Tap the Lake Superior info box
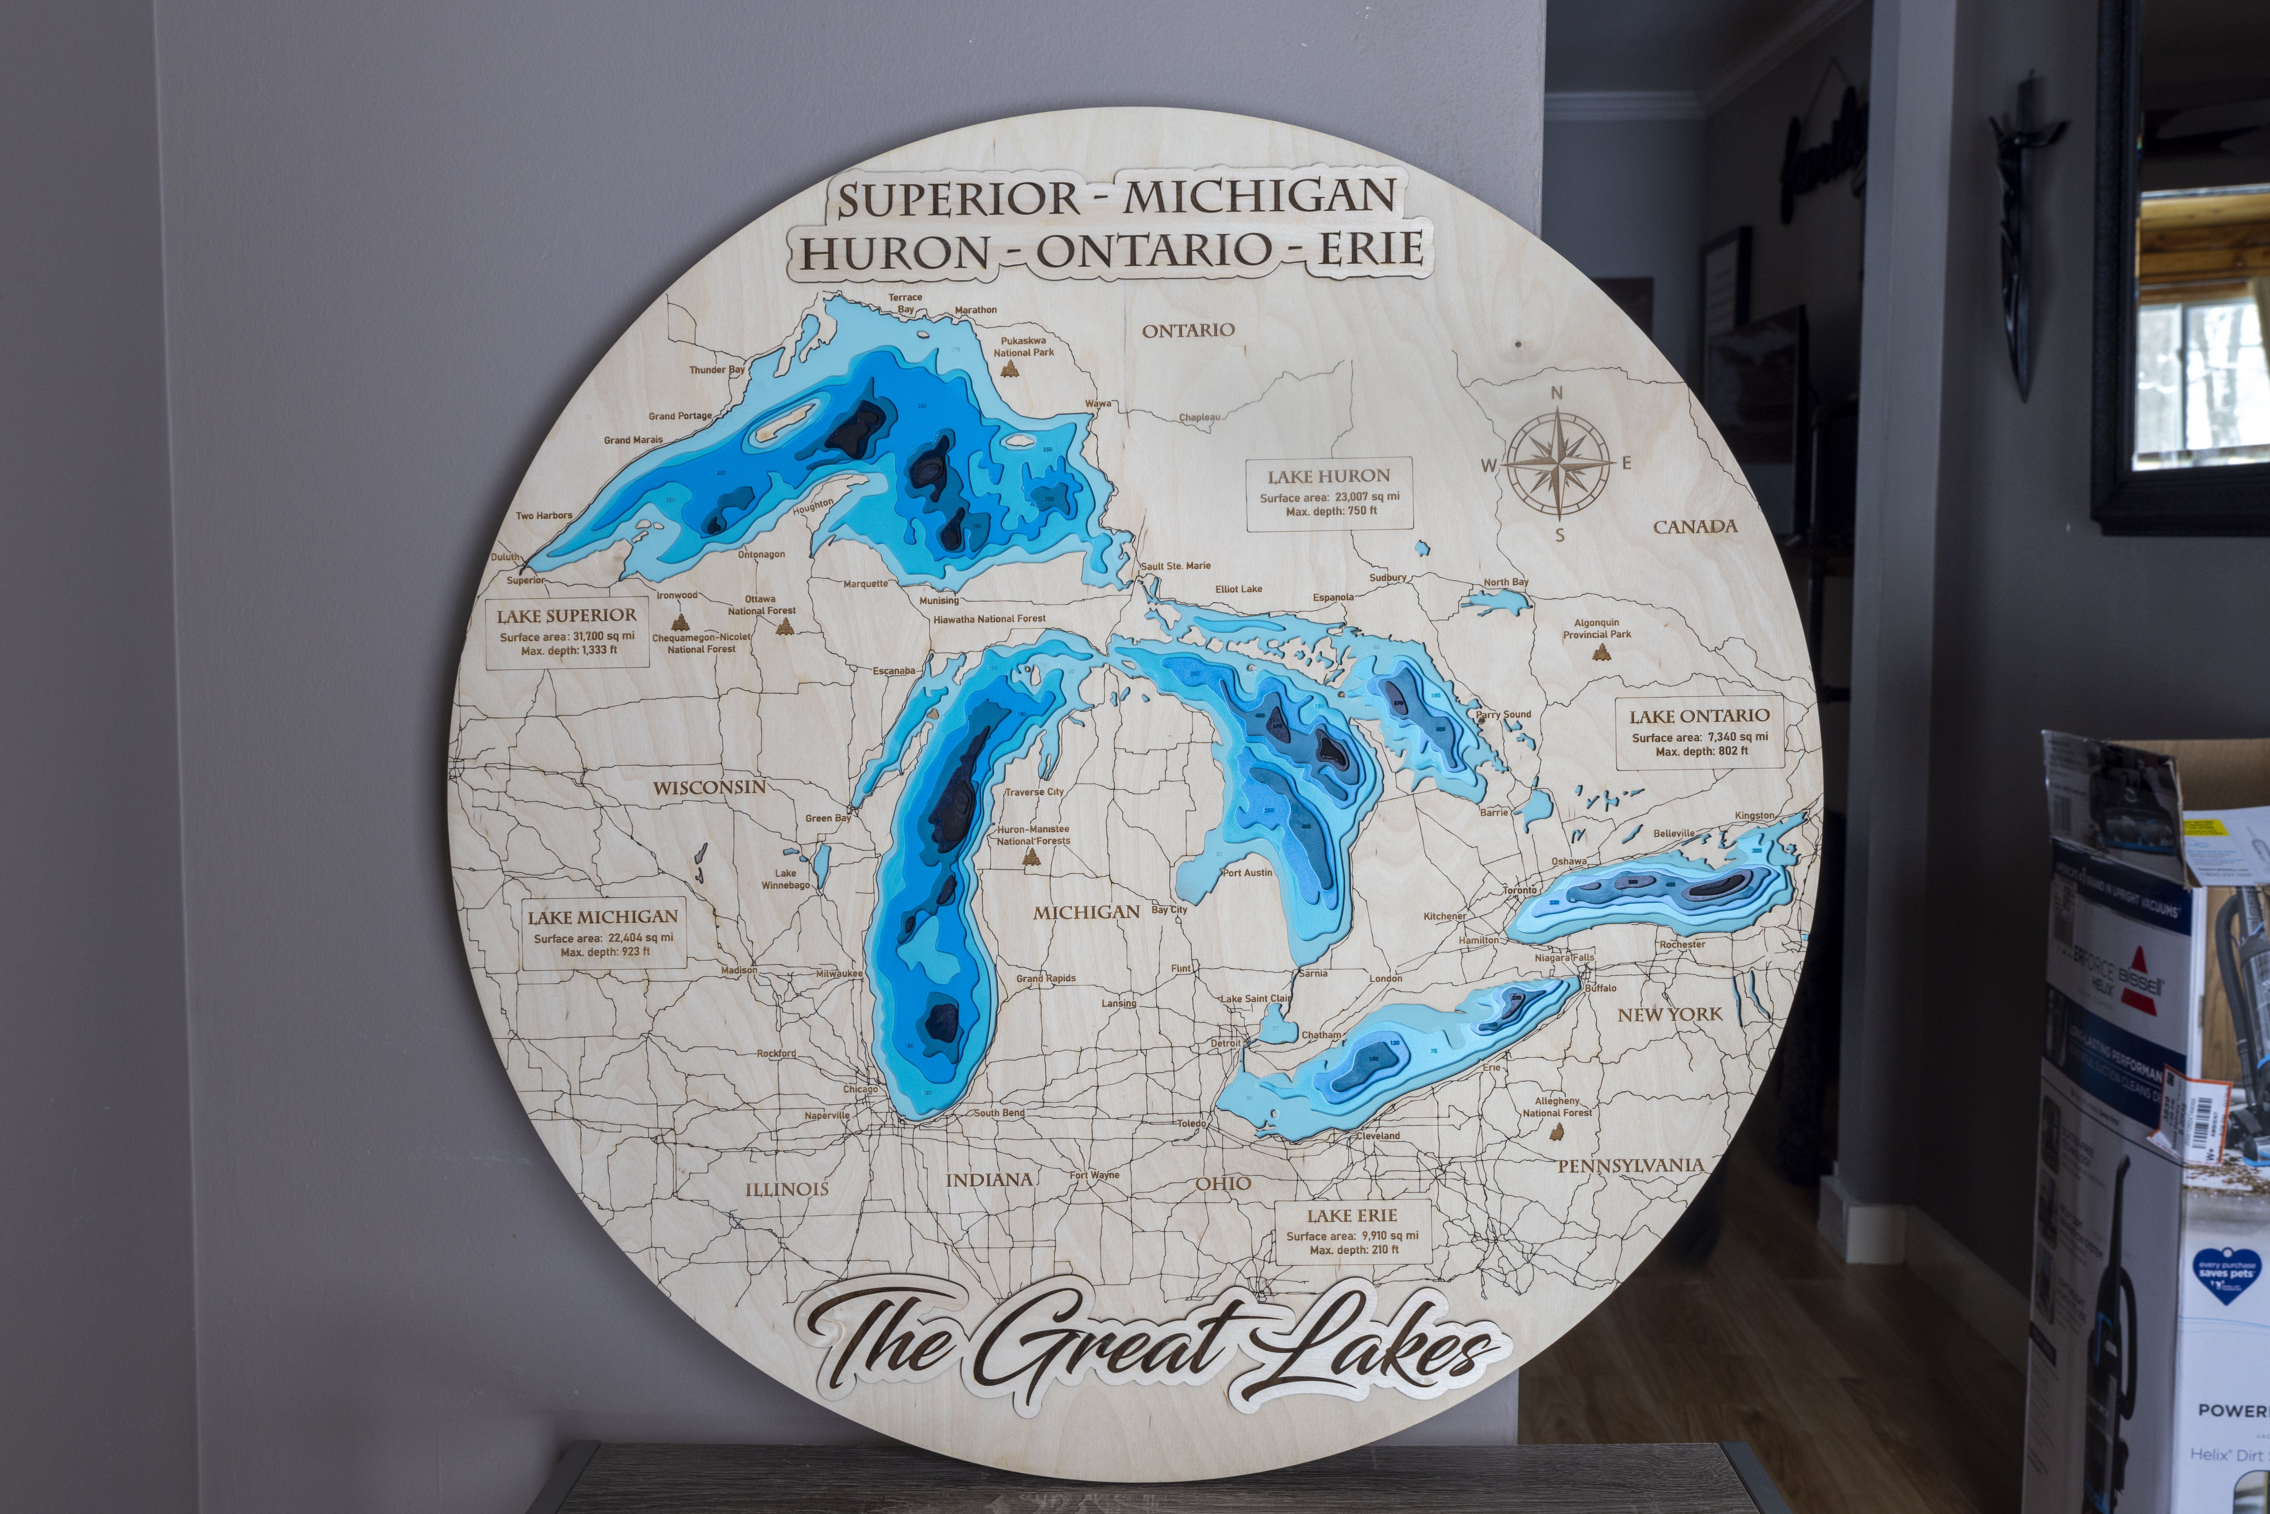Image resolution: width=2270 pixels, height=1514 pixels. (x=567, y=633)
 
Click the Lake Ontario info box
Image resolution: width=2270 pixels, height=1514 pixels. (x=1699, y=732)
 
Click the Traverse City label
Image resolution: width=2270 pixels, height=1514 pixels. (x=1034, y=792)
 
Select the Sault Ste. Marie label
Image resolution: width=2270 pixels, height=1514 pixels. (x=1175, y=566)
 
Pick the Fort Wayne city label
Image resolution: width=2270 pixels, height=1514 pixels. (x=1094, y=1175)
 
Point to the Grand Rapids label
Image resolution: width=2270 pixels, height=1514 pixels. (x=1046, y=978)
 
